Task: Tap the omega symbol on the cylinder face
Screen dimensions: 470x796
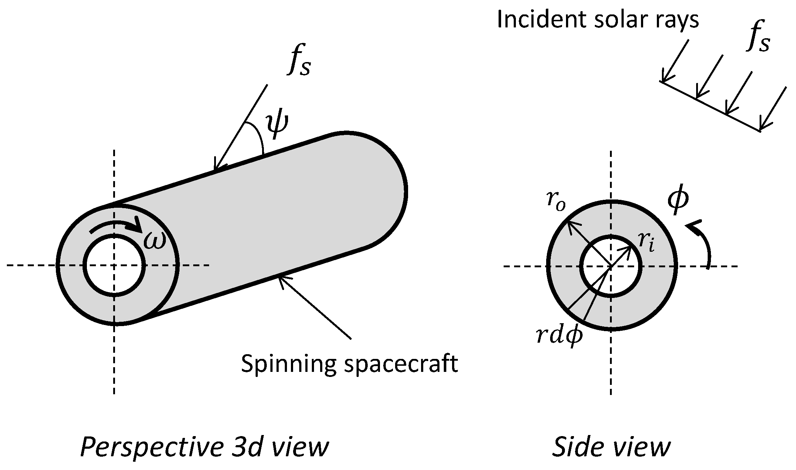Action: click(x=155, y=240)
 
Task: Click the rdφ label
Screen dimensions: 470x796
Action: click(x=559, y=337)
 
